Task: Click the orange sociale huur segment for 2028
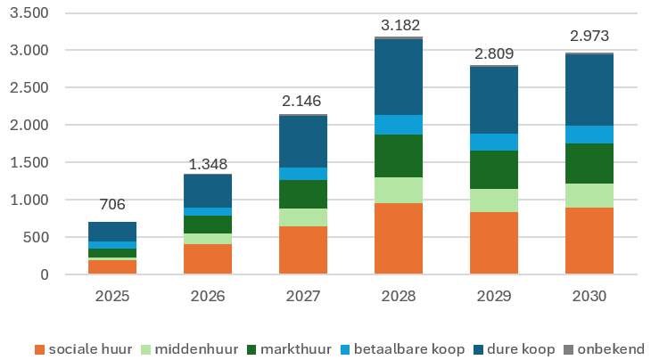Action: coord(399,238)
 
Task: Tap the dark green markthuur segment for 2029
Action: coord(494,169)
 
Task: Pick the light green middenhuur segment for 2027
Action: coord(303,217)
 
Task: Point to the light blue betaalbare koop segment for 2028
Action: coord(399,124)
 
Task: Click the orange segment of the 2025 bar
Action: coord(112,266)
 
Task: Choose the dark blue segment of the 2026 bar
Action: coord(208,191)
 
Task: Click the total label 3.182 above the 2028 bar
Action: coord(399,24)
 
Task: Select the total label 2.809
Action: coord(494,52)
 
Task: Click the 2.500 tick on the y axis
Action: coord(29,87)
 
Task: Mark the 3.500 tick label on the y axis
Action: coord(29,13)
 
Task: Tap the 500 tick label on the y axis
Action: coord(36,237)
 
